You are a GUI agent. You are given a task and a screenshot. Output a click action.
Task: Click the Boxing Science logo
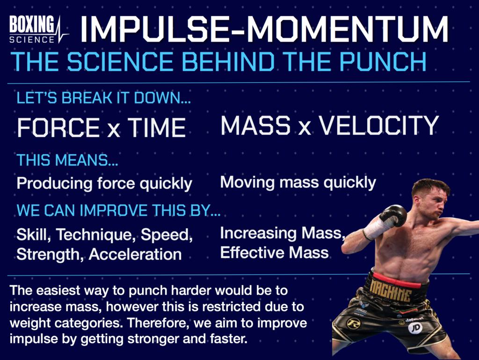37,29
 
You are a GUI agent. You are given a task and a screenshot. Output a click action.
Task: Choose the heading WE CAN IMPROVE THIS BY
118,210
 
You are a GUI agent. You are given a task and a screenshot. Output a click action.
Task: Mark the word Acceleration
136,254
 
